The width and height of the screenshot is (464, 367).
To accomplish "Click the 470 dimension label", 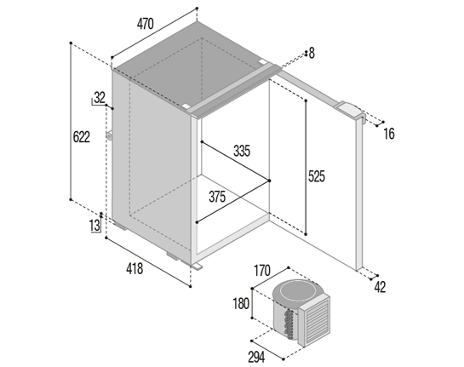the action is click(x=146, y=24).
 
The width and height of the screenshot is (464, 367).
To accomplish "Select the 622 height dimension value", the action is click(x=81, y=137).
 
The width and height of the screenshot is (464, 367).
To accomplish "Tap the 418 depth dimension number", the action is click(x=135, y=269).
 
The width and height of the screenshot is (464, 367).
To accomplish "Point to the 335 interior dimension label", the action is click(x=242, y=151).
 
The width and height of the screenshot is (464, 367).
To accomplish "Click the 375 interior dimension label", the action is click(x=217, y=197).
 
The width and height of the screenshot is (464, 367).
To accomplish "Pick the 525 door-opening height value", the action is click(x=317, y=176).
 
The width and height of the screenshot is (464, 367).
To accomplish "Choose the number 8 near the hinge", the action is click(x=312, y=54).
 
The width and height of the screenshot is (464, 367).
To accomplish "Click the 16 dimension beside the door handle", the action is click(x=389, y=134).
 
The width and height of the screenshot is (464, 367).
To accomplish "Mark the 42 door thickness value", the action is click(x=380, y=287).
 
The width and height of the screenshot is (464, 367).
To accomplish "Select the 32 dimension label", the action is click(x=100, y=97).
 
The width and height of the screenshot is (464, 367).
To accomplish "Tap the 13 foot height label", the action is click(x=95, y=226).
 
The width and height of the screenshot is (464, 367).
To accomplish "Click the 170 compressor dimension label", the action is click(x=262, y=271).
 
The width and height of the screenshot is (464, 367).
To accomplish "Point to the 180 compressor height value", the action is click(x=241, y=304).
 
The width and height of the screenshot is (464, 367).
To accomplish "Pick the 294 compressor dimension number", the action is click(x=256, y=358).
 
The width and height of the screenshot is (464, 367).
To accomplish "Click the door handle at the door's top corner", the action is click(x=351, y=111).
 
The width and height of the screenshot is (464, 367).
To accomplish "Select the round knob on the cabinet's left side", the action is click(x=110, y=136).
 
